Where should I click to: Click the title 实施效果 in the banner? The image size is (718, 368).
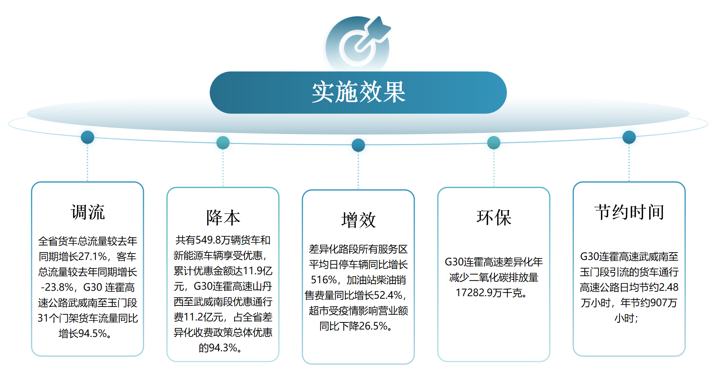point(358,92)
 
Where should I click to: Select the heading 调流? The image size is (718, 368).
point(88,212)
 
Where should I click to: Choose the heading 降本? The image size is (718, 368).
point(223,217)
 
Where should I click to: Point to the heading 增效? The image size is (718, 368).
point(358,220)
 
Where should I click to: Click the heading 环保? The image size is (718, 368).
point(494,217)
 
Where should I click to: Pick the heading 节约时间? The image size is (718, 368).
point(629,212)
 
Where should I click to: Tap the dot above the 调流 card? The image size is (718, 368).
point(87,137)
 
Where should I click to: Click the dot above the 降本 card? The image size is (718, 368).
point(223,143)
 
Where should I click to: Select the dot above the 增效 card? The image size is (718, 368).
point(358,145)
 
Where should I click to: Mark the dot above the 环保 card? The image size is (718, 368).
point(494,143)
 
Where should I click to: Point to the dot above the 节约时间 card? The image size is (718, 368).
point(629,137)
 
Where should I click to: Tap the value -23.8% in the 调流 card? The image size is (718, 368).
point(57,287)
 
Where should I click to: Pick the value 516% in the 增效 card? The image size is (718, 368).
point(324,280)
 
